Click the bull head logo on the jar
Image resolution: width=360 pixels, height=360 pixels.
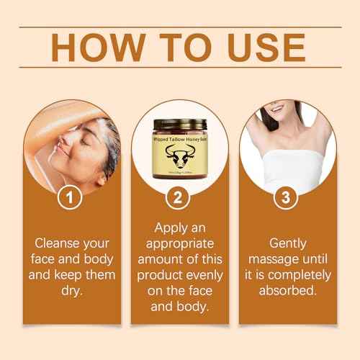pyautogui.click(x=179, y=153)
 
